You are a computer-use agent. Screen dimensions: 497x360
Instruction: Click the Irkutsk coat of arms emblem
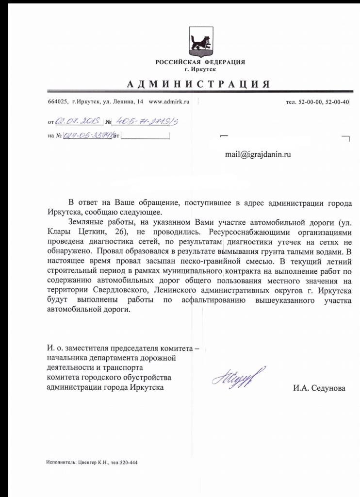pyautogui.click(x=200, y=42)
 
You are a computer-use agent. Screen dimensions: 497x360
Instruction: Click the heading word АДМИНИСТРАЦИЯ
pyautogui.click(x=198, y=84)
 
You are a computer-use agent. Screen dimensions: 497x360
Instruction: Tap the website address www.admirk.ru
pyautogui.click(x=168, y=101)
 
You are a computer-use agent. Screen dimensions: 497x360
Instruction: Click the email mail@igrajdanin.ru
pyautogui.click(x=258, y=154)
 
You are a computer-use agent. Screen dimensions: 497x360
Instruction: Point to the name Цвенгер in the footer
pyautogui.click(x=88, y=463)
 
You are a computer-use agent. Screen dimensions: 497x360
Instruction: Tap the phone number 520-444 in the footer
pyautogui.click(x=129, y=463)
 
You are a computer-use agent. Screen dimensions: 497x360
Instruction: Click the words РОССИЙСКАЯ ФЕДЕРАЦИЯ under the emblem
pyautogui.click(x=200, y=63)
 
